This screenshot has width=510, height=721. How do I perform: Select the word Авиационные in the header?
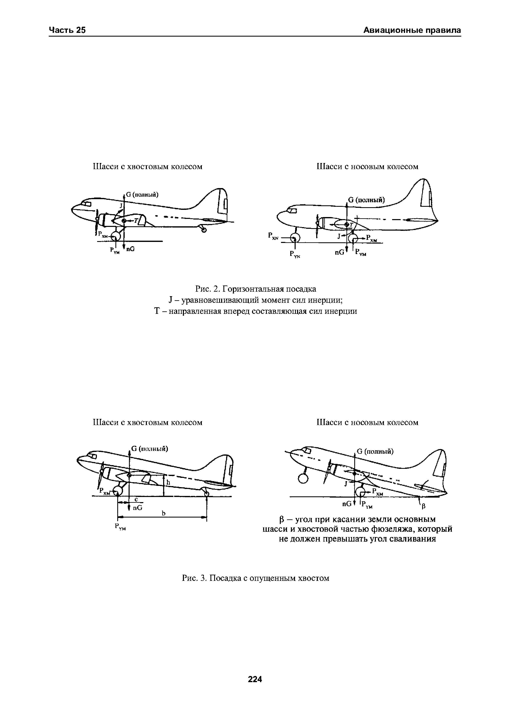coord(392,30)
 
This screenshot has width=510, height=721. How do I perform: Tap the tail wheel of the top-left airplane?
coord(204,230)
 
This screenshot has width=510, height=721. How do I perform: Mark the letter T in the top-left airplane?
coord(136,221)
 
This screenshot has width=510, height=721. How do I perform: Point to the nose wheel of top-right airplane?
coord(295,238)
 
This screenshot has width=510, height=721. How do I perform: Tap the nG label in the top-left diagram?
coord(130,249)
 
